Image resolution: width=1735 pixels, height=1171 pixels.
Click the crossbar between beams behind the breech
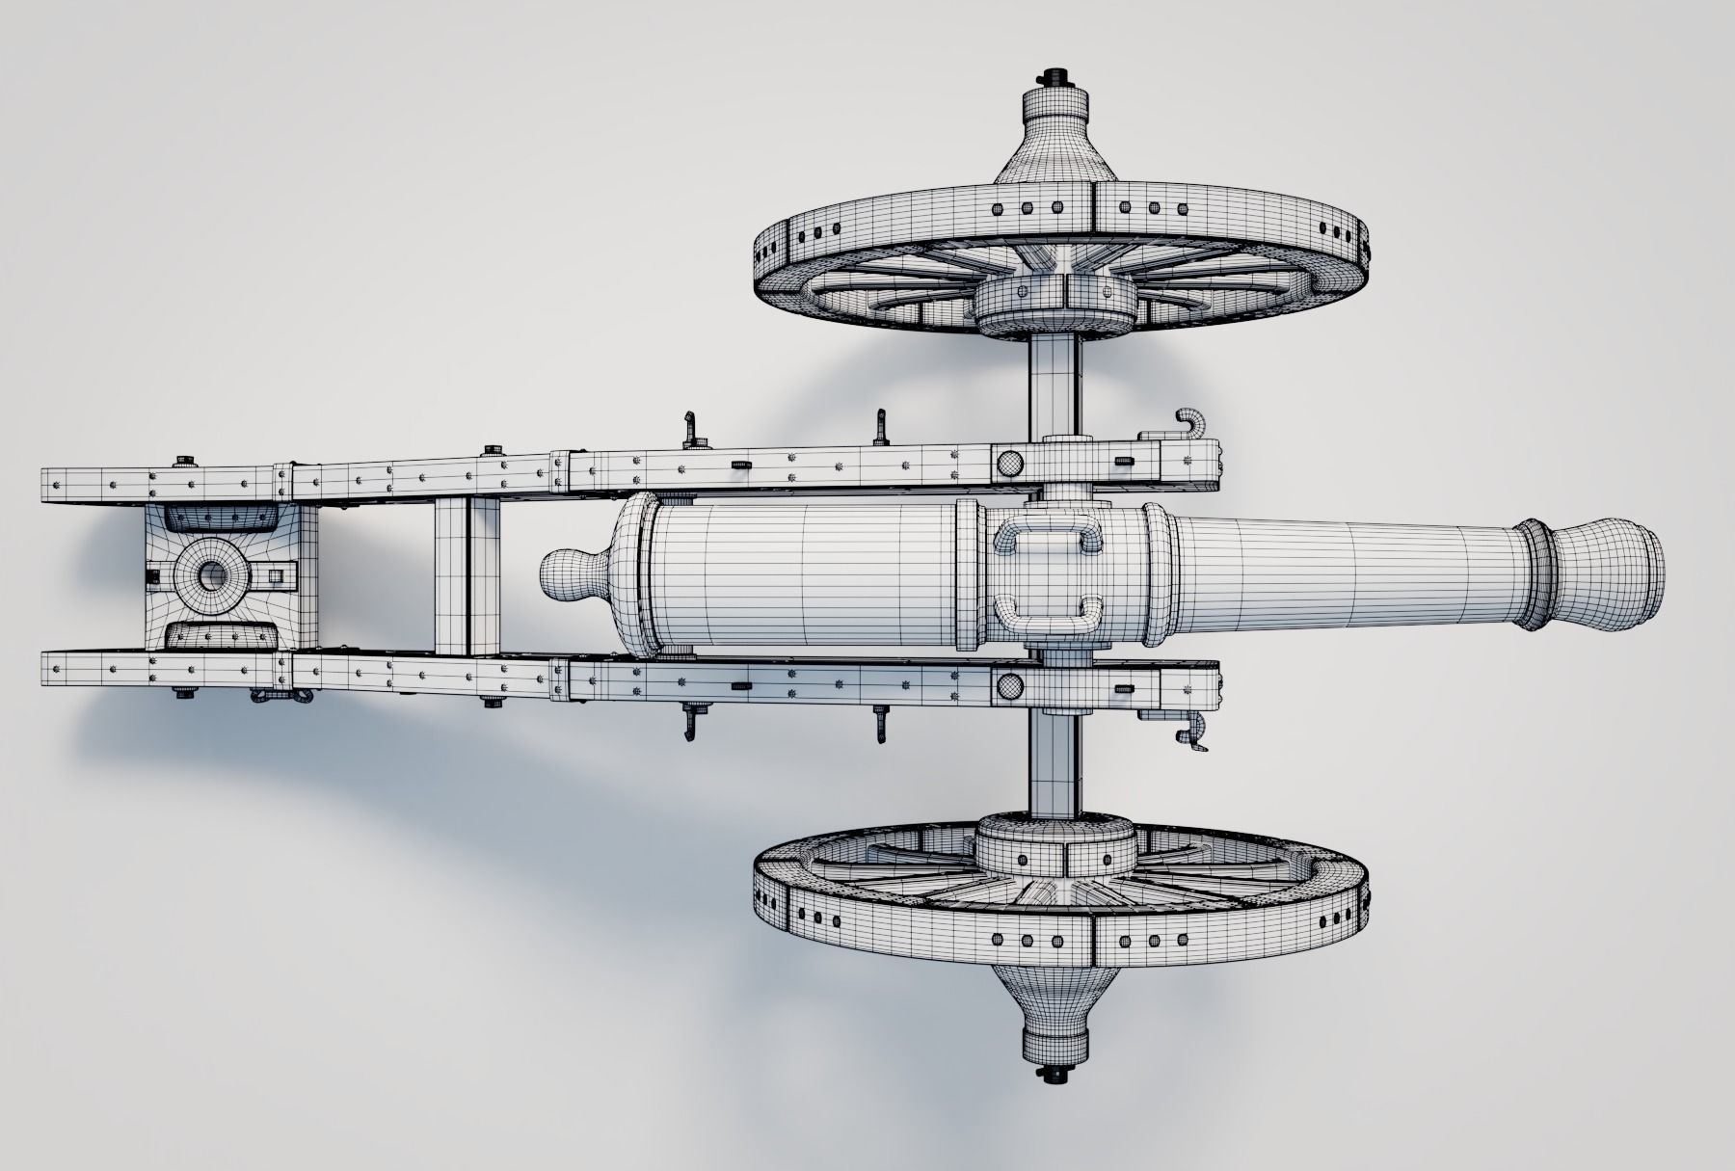467,576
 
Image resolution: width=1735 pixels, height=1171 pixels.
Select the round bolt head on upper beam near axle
1009,463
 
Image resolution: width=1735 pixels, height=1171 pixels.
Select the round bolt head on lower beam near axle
1009,686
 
